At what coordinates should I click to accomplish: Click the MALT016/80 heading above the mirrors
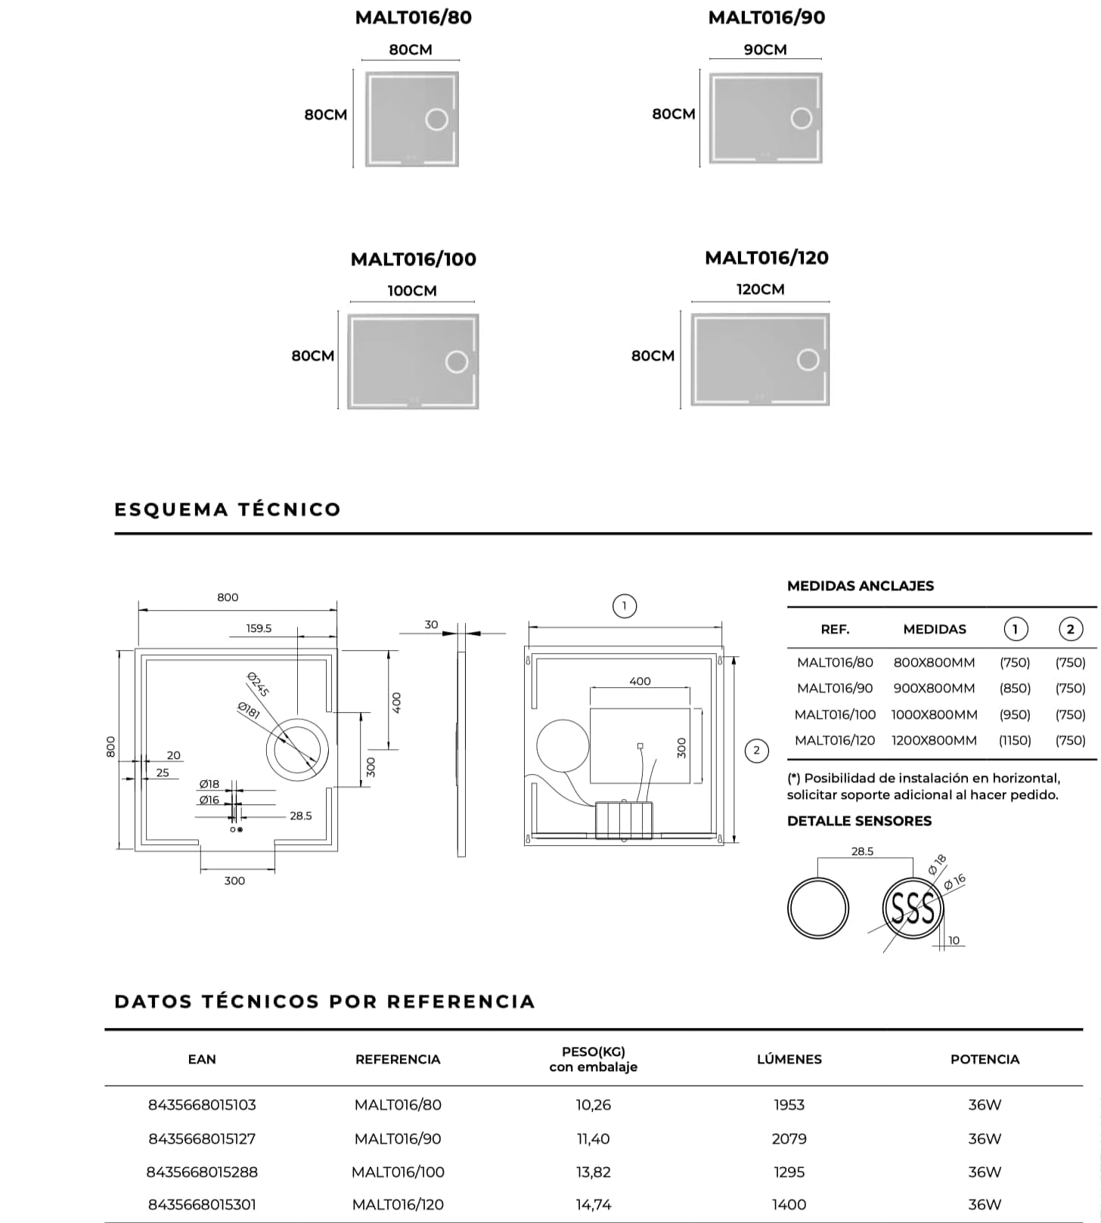tap(413, 17)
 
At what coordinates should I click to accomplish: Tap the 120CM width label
tap(760, 289)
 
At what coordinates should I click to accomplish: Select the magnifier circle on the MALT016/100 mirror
tap(457, 362)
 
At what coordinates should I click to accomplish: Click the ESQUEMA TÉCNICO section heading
tap(228, 509)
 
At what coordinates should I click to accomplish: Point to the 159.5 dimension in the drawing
tap(259, 628)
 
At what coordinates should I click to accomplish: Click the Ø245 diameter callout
tap(259, 684)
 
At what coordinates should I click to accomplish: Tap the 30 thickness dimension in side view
tap(431, 624)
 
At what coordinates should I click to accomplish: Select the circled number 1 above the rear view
tap(624, 606)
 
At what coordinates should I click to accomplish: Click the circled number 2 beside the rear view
tap(756, 751)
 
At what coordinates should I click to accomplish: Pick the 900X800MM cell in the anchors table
tap(934, 689)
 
